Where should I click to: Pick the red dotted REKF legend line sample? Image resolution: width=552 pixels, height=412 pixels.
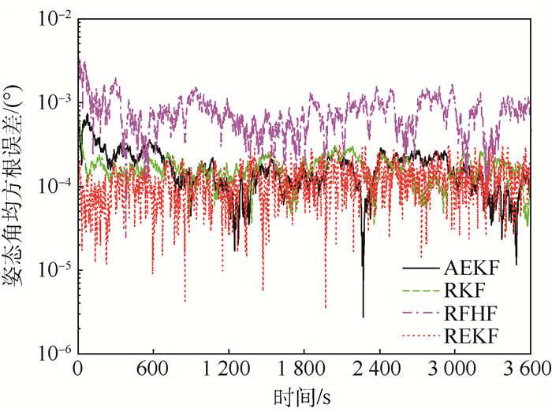[423, 337]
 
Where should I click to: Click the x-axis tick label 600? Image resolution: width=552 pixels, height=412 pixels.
[153, 367]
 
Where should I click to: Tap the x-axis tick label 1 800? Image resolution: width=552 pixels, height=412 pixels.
[304, 367]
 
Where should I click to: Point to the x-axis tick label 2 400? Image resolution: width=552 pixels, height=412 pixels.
[379, 367]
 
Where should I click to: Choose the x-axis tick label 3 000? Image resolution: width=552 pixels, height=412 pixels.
[454, 367]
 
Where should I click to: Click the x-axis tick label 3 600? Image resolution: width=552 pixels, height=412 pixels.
[527, 367]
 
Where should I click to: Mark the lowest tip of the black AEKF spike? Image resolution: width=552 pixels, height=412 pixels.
[364, 317]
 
